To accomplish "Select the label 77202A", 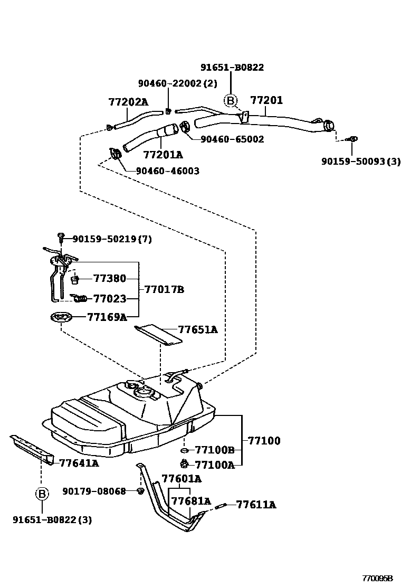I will click(128, 102).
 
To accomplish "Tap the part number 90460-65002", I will click(232, 139).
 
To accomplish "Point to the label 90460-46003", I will click(167, 171).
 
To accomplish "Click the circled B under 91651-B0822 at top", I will click(231, 100).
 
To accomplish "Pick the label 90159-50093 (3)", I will click(361, 162).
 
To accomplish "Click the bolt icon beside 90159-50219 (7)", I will click(62, 238).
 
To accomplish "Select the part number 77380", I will click(109, 278).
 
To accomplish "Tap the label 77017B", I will click(164, 289).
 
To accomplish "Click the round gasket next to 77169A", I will click(61, 318).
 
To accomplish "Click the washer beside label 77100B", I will click(184, 450).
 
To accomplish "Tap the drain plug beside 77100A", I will click(184, 464).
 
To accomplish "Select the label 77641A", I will click(79, 463).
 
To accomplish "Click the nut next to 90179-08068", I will click(140, 491).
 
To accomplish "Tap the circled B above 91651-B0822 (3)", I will click(41, 494).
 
